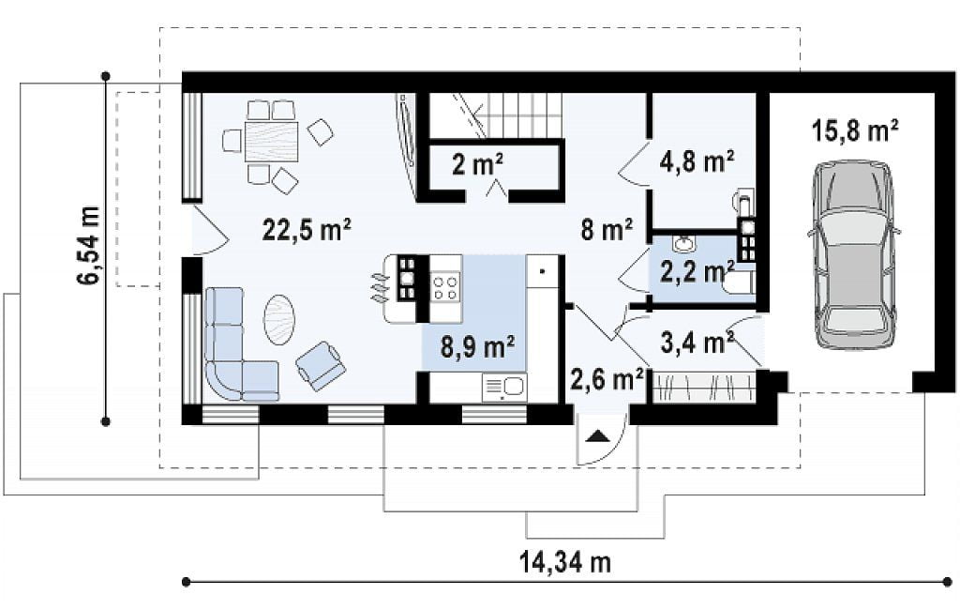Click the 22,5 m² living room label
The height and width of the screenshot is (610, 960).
click(307, 231)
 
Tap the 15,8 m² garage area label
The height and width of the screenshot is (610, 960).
click(855, 131)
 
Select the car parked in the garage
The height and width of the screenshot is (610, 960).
click(854, 254)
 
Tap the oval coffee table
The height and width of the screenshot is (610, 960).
click(279, 320)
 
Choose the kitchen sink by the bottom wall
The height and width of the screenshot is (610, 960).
click(504, 388)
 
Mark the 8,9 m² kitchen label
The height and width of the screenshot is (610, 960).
click(477, 347)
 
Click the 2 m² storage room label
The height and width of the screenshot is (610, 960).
click(477, 163)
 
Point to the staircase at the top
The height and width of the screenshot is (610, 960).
click(495, 115)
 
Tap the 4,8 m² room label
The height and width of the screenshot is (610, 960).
click(697, 161)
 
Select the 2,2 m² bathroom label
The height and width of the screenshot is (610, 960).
click(697, 271)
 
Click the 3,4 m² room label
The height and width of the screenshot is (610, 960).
click(697, 343)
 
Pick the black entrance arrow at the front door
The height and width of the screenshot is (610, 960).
click(597, 435)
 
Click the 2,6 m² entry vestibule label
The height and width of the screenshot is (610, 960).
click(607, 379)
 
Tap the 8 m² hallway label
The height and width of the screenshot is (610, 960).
click(607, 231)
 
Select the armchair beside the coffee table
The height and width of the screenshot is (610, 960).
click(321, 366)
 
